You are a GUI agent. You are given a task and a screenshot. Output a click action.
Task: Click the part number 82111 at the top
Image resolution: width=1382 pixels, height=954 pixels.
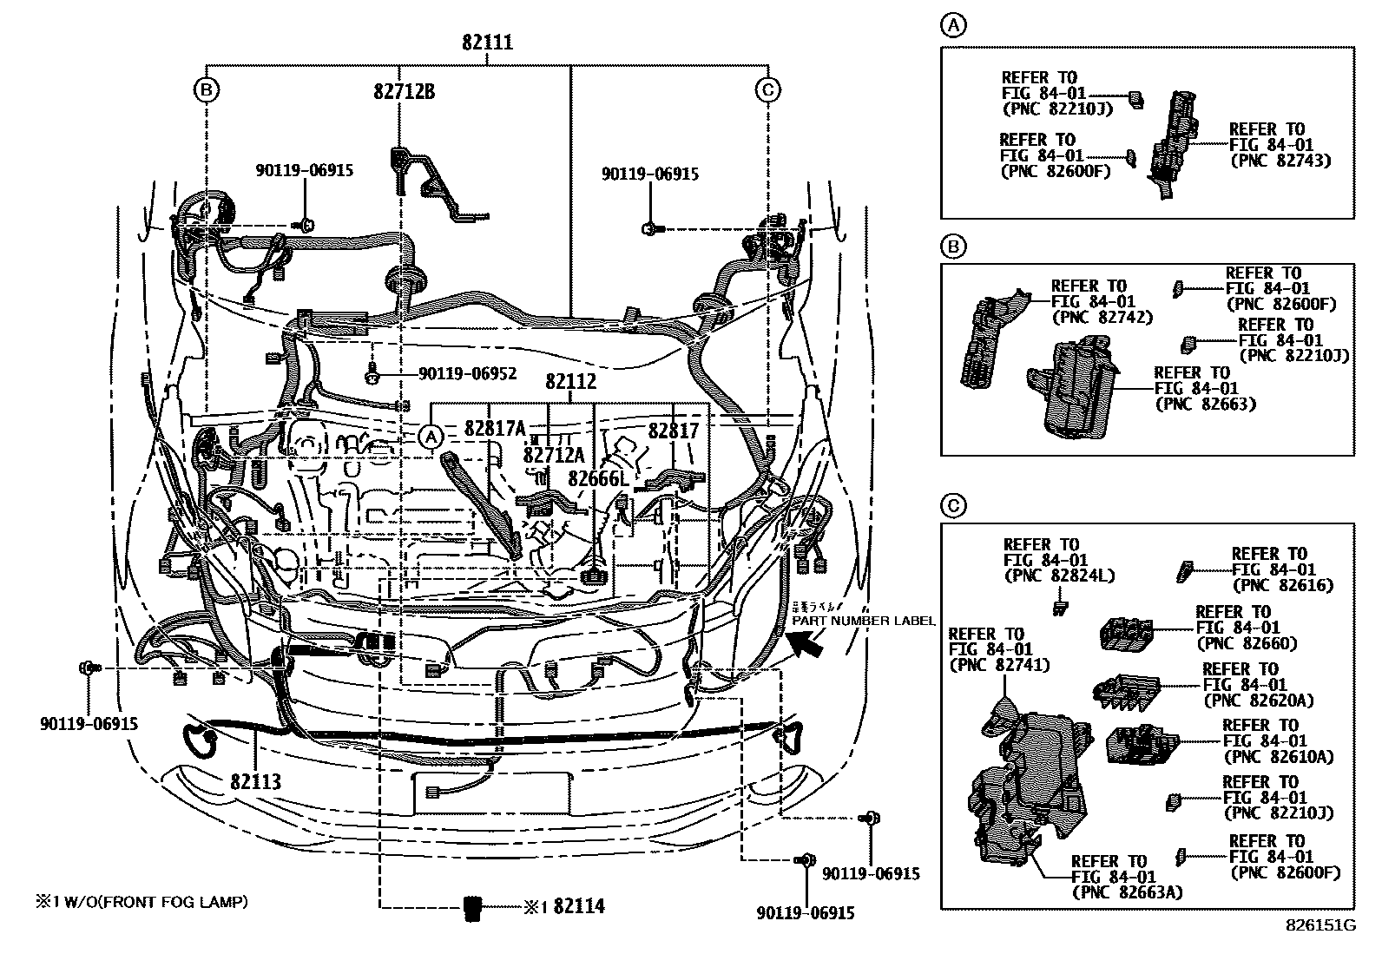[486, 43]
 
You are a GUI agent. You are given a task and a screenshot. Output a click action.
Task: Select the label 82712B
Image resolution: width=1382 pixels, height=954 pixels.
[405, 90]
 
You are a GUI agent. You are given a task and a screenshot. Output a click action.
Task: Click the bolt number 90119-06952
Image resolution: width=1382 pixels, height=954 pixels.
[467, 374]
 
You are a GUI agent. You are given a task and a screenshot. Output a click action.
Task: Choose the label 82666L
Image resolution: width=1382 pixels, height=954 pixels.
[597, 479]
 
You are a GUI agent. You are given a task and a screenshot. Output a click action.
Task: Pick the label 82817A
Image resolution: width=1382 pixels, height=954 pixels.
[495, 429]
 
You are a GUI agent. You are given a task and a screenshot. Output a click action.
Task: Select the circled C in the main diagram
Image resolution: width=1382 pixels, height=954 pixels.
[768, 89]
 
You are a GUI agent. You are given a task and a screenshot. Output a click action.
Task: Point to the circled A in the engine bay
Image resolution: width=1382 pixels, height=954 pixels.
[431, 438]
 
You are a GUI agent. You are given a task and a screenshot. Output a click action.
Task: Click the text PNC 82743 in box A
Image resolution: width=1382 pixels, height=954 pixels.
[1280, 161]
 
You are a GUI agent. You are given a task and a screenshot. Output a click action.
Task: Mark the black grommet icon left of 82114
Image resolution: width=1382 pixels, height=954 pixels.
[474, 907]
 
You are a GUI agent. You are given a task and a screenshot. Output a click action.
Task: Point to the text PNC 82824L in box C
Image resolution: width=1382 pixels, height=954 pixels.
[1058, 576]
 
